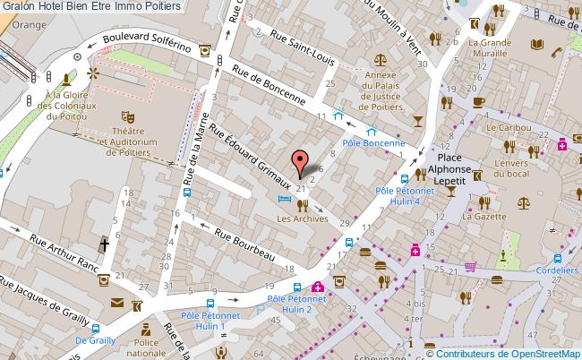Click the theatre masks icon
(127, 116)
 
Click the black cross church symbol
(104, 244)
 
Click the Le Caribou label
(504, 129)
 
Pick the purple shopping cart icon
(470, 266)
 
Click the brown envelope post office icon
(118, 305)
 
